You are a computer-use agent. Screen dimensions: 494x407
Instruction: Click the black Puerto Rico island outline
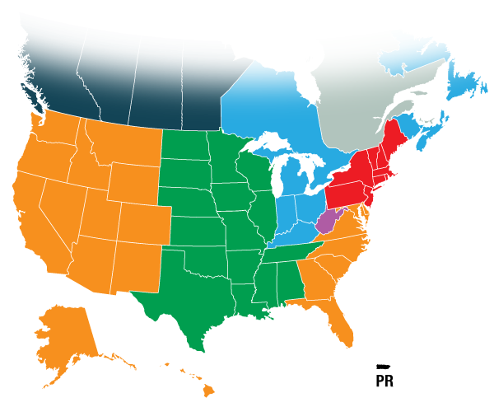pos(381,366)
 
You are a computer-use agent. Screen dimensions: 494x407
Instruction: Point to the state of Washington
pos(58,131)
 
